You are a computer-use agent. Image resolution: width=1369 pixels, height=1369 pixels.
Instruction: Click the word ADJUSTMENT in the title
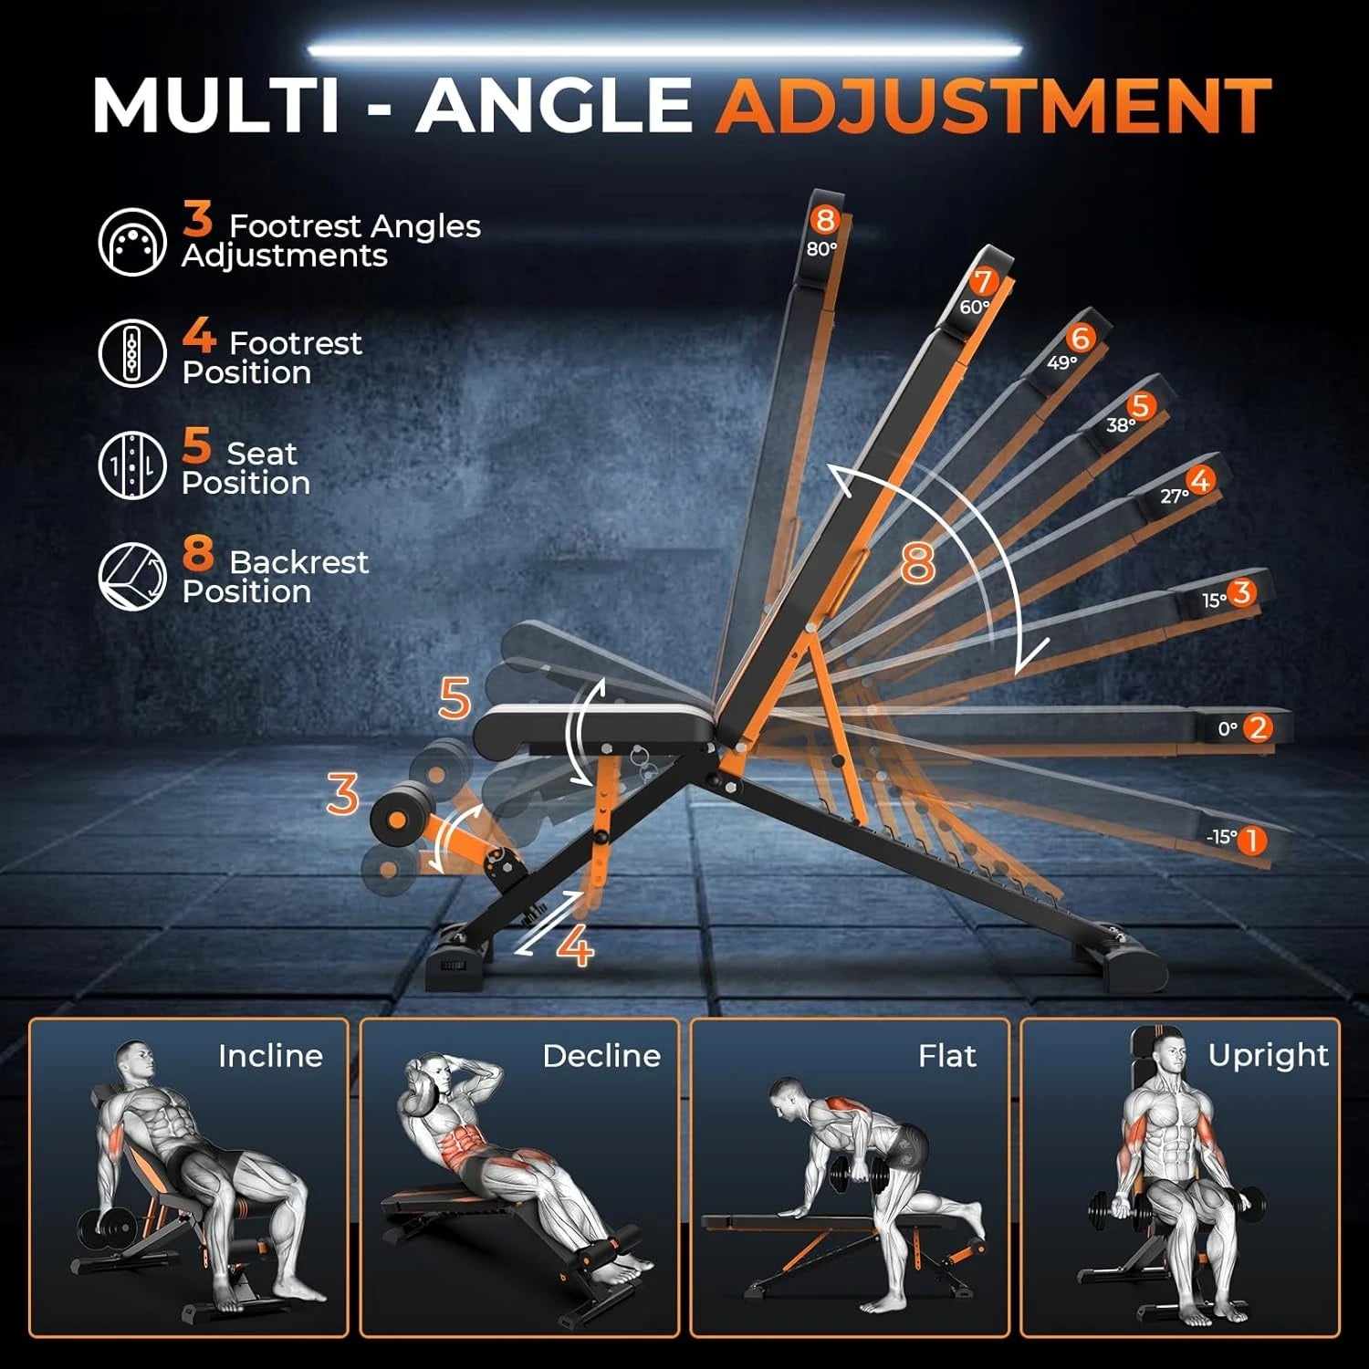(x=993, y=106)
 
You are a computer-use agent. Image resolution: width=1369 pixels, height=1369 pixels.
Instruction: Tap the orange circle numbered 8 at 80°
(x=825, y=220)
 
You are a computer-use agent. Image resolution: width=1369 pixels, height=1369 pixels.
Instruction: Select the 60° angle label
(x=973, y=308)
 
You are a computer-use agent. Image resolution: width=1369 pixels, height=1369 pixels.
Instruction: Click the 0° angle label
(x=1228, y=729)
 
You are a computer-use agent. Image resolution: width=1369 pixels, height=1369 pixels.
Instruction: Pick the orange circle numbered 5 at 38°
(x=1140, y=406)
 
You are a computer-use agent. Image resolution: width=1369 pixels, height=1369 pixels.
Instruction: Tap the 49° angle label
(x=1061, y=362)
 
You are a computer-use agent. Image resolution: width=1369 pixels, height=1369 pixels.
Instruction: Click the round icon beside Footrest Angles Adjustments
(x=132, y=241)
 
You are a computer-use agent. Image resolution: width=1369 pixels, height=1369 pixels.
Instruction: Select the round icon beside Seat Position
(x=132, y=465)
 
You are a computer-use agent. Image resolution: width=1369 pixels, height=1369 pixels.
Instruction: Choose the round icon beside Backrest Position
(x=132, y=576)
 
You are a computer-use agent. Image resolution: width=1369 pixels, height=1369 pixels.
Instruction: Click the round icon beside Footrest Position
(x=132, y=352)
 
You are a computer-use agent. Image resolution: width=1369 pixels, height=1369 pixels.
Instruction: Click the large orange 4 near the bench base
(x=575, y=946)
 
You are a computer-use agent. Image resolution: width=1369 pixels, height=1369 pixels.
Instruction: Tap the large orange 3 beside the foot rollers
(x=342, y=794)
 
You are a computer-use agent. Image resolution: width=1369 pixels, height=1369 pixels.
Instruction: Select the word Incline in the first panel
(x=270, y=1056)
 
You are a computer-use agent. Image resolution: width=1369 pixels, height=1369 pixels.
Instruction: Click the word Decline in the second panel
(x=601, y=1056)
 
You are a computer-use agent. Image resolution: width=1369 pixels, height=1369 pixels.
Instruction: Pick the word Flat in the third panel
(x=946, y=1056)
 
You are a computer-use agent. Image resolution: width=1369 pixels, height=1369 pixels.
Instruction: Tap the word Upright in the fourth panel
(x=1268, y=1055)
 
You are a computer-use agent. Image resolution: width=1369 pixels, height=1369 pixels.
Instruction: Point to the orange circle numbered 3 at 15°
(x=1240, y=593)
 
